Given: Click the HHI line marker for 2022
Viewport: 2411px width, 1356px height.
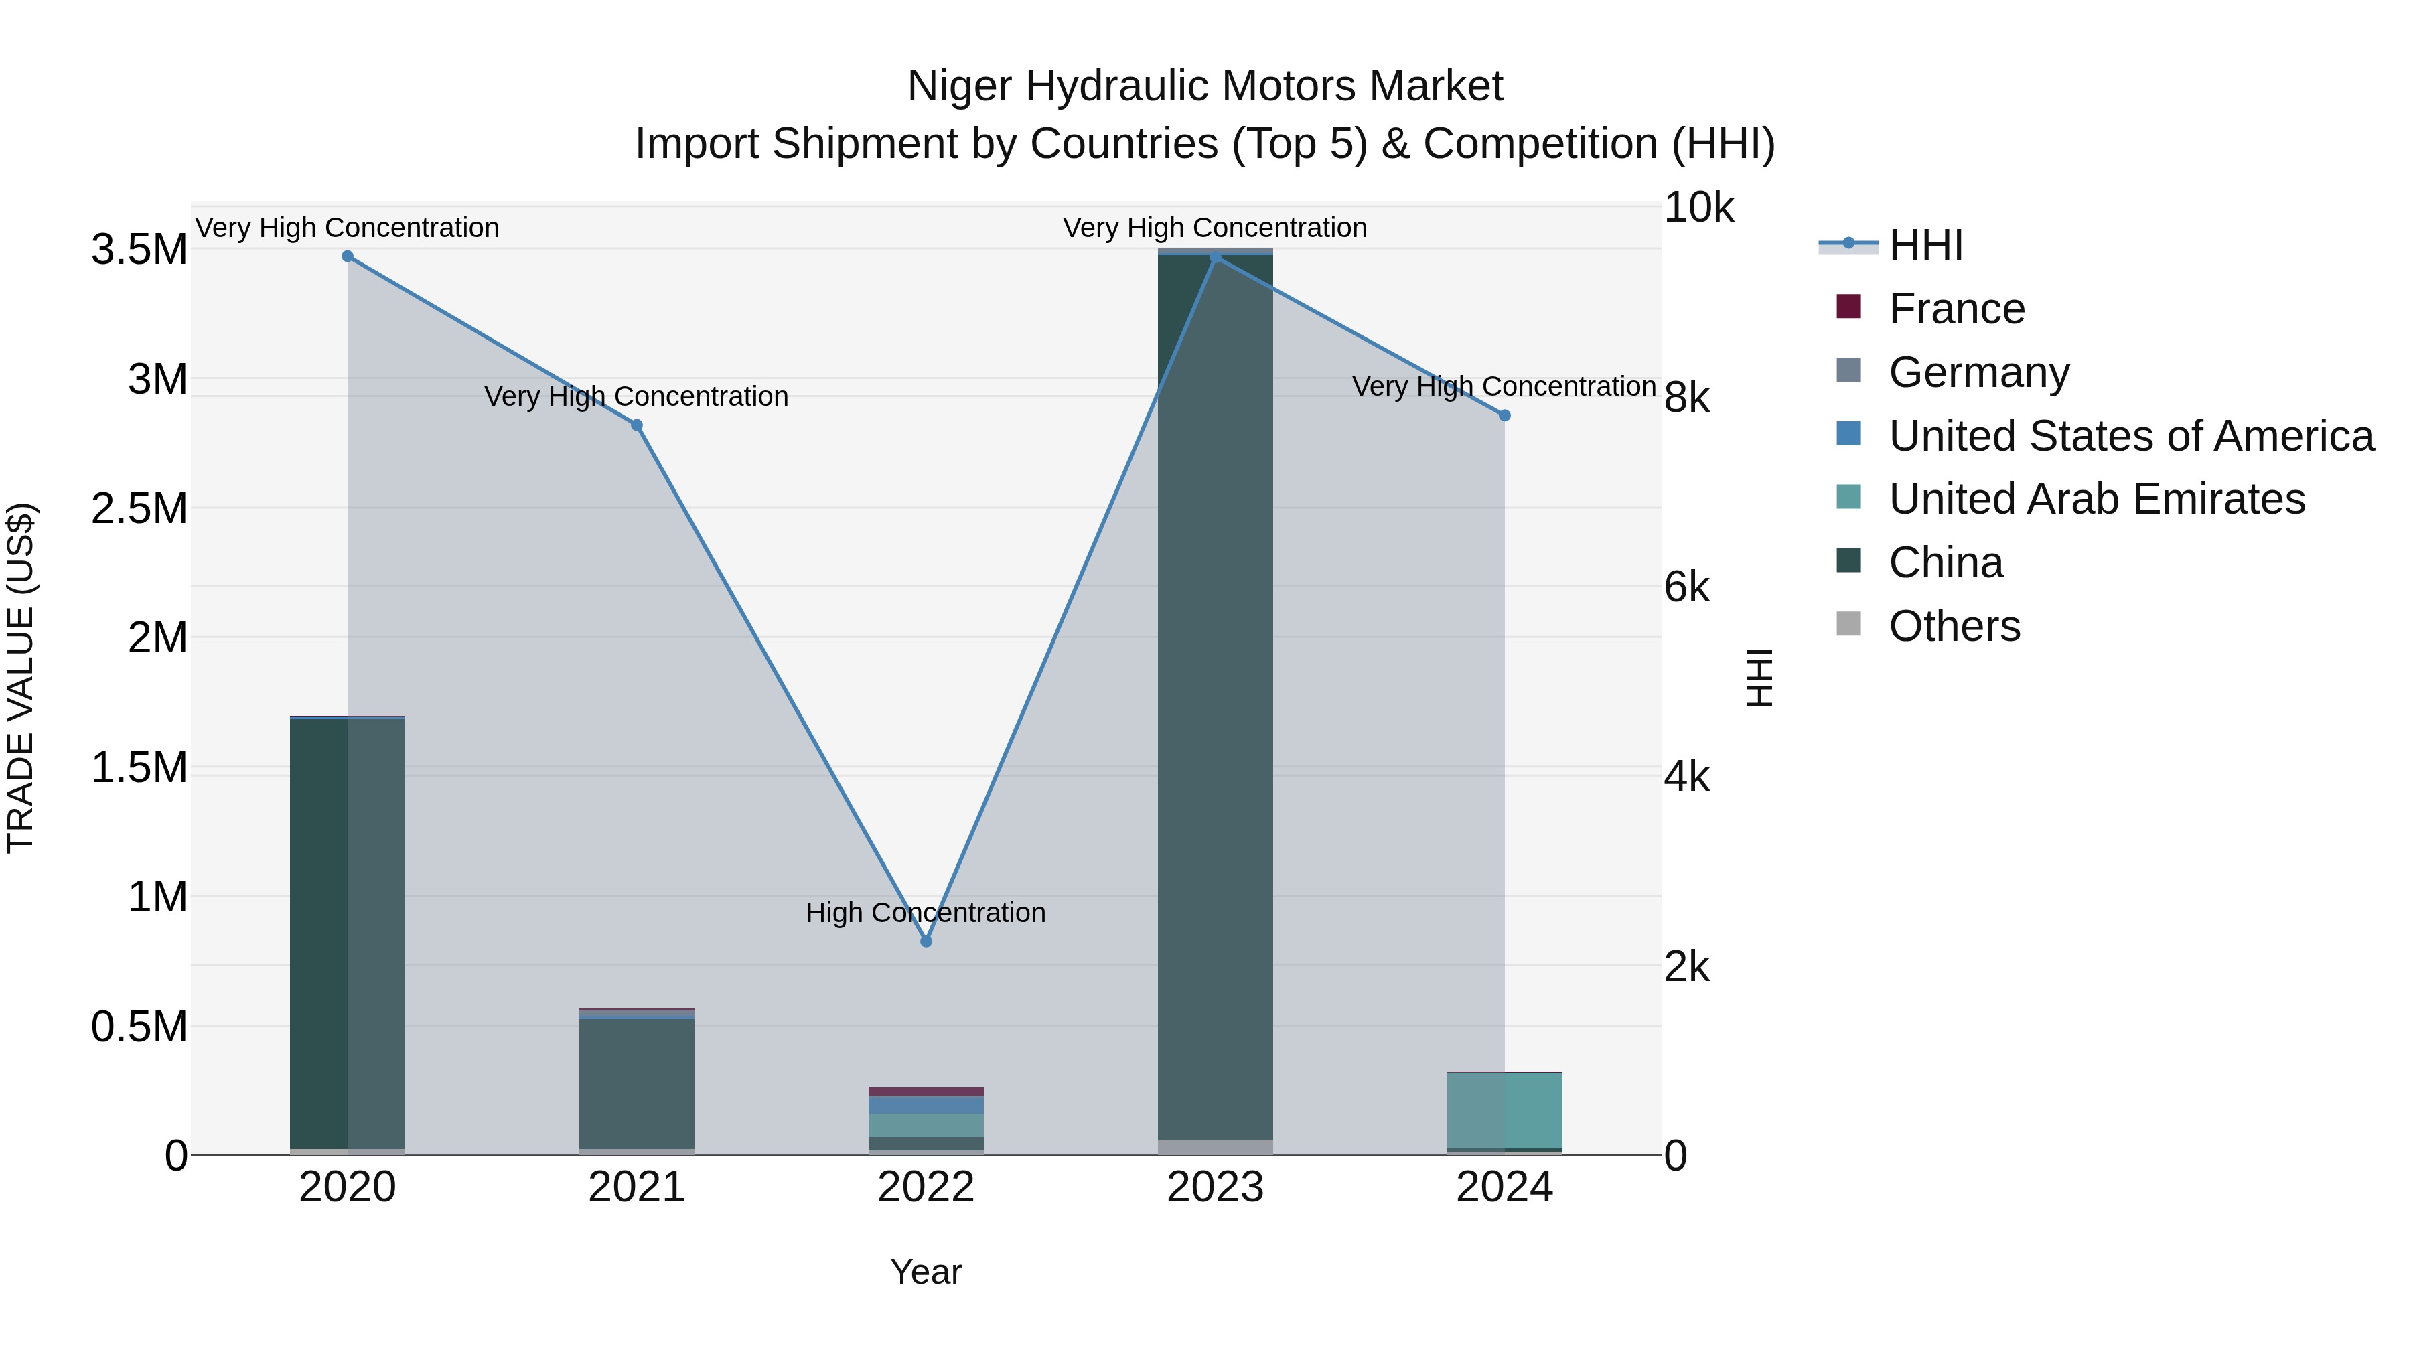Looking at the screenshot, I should [x=926, y=941].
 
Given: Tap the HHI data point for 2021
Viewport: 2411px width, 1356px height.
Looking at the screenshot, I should [x=636, y=425].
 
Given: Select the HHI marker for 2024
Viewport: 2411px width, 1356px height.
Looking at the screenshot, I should [x=1504, y=415].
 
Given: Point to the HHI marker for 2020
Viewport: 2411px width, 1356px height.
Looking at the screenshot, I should [x=347, y=256].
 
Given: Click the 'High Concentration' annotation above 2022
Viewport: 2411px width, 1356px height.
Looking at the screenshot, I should [x=925, y=913].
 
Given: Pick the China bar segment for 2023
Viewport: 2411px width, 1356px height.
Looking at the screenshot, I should [x=1215, y=692].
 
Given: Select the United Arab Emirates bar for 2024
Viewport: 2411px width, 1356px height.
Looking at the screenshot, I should [x=1504, y=1110].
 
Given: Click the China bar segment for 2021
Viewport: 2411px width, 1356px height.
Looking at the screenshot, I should [x=636, y=1083].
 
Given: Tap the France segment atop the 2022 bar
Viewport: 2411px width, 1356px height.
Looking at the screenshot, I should [x=926, y=1091].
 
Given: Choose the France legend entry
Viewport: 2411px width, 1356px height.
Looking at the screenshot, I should [x=1956, y=309].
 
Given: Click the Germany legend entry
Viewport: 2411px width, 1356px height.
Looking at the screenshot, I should [x=1978, y=372].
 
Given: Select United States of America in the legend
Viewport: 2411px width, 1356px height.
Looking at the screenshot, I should [x=2130, y=436].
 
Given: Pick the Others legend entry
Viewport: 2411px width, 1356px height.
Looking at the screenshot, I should [x=1954, y=626].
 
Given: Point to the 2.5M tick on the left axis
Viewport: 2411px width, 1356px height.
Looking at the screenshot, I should [x=139, y=508].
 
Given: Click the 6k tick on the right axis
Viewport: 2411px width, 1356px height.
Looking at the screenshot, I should [x=1686, y=588].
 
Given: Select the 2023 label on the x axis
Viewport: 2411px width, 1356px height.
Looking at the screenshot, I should [x=1215, y=1187].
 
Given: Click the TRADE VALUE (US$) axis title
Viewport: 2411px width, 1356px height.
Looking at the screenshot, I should [x=21, y=678].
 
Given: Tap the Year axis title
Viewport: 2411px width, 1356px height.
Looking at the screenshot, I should [x=926, y=1272].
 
